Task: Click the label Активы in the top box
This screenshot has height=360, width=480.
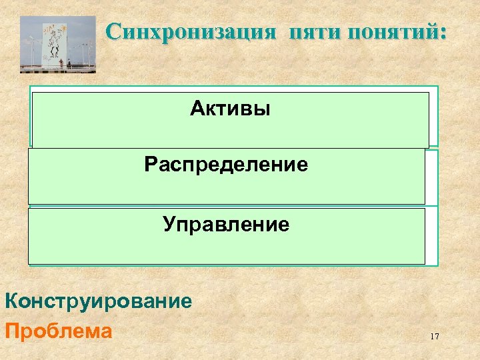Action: [x=230, y=109]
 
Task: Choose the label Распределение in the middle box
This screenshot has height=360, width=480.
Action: [x=226, y=164]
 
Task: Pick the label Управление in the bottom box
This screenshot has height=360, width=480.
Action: [x=226, y=225]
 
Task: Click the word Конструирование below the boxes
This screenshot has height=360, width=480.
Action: [x=99, y=301]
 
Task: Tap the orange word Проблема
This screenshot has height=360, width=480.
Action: [x=58, y=331]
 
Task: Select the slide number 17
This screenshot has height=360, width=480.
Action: [x=434, y=337]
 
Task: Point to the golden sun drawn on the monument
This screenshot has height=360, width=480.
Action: [x=63, y=28]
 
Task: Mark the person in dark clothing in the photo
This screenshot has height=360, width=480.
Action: [x=69, y=63]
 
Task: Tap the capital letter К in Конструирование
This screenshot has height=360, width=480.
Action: [x=11, y=301]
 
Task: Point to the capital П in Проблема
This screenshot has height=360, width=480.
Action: [x=11, y=331]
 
